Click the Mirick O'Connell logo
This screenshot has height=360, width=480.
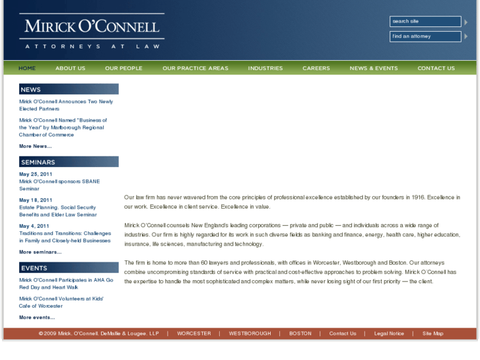tap(92, 31)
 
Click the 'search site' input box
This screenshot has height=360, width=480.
tap(425, 22)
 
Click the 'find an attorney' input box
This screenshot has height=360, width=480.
tap(425, 36)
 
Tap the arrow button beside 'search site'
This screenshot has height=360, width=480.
tap(466, 22)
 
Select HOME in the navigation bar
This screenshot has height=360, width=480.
tap(27, 68)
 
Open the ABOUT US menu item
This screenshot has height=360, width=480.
tap(70, 68)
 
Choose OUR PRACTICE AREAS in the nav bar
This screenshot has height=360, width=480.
tap(195, 68)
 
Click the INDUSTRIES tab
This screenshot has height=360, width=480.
tap(265, 68)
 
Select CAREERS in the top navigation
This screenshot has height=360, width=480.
tap(316, 68)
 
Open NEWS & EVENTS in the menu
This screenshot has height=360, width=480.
tap(374, 68)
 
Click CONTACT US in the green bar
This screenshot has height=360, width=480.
tap(436, 68)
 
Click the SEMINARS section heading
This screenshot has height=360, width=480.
tap(38, 162)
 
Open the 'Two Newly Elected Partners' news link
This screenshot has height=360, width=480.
tap(65, 105)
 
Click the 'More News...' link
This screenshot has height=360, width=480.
tap(35, 146)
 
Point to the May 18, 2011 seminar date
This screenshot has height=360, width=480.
tap(36, 200)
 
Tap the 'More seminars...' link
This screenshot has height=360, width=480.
tap(40, 252)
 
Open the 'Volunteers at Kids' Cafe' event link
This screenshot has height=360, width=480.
tap(61, 303)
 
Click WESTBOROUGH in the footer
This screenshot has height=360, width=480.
tap(250, 334)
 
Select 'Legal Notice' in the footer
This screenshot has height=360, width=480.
tap(389, 334)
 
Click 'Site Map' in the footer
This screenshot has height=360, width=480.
tap(432, 334)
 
